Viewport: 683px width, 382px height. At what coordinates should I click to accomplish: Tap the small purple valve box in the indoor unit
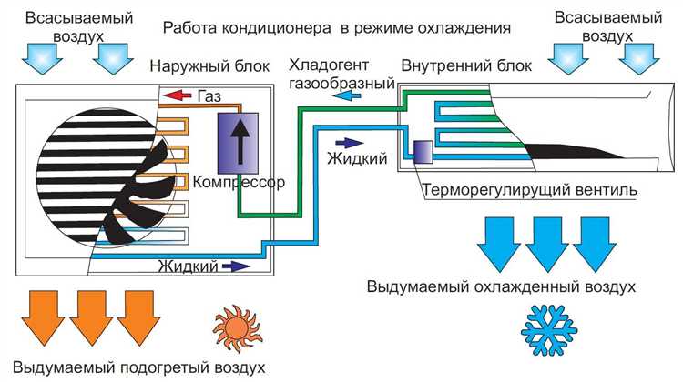tap(423, 151)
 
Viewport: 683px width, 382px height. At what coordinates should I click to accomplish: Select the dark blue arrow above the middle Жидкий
tap(349, 142)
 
